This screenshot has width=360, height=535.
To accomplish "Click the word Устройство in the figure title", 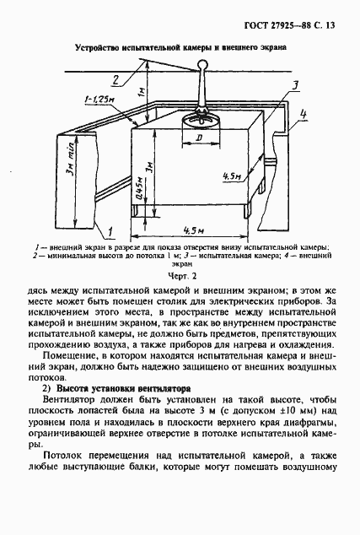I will (x=99, y=48).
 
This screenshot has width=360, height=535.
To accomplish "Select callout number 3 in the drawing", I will (x=295, y=84).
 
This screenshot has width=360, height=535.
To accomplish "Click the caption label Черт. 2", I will (x=181, y=275).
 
